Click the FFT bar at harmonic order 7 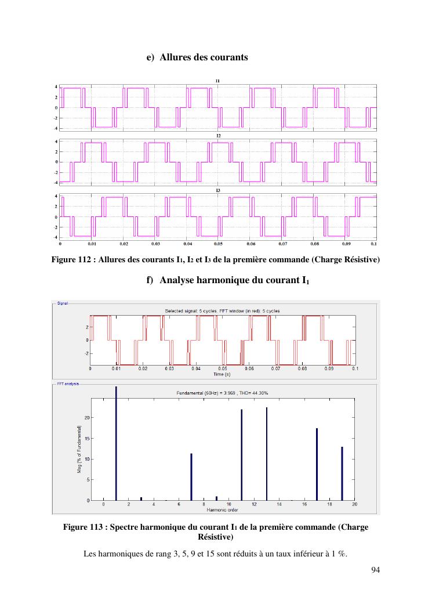coord(191,476)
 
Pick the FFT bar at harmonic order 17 coord(317,464)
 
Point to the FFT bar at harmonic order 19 coord(342,473)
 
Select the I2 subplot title coord(218,135)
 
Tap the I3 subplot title coord(218,190)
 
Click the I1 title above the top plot coord(218,80)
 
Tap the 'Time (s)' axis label coord(222,374)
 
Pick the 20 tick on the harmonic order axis coord(354,505)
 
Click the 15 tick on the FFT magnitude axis coord(87,438)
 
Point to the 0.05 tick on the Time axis coord(222,368)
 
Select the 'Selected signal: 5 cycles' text coord(191,311)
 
